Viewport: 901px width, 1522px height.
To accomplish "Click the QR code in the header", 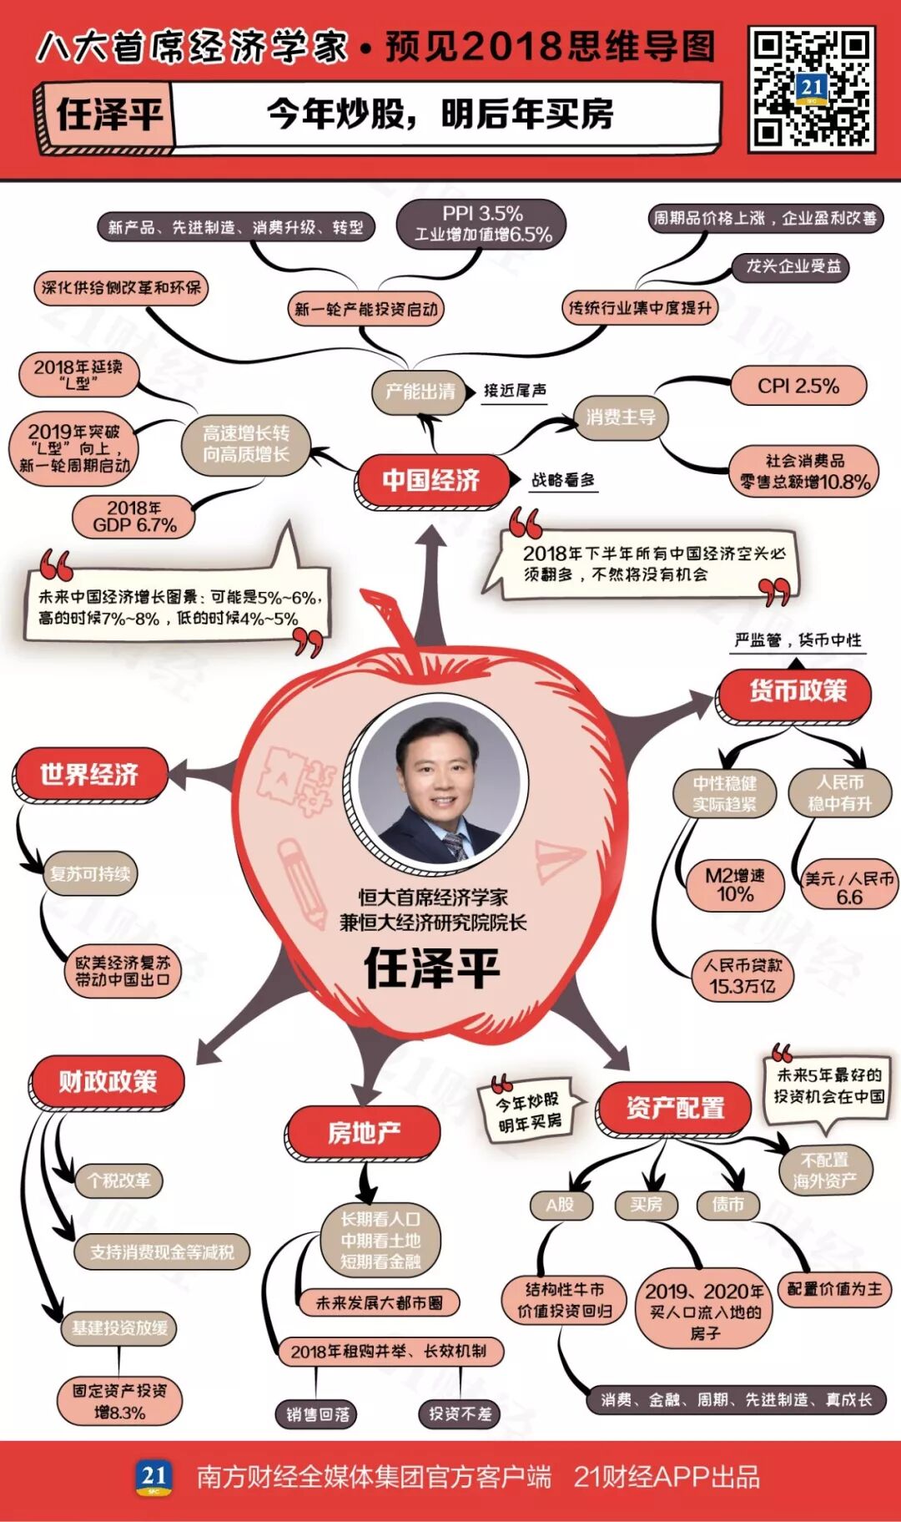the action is click(811, 89).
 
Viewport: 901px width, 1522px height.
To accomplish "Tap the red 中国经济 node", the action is click(431, 480).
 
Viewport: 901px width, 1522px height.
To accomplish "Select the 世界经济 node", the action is click(89, 774).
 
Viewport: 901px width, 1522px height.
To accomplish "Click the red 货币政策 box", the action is click(797, 691).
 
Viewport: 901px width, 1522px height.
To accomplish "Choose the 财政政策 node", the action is click(107, 1082).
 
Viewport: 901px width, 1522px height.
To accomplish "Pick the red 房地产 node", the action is click(363, 1132).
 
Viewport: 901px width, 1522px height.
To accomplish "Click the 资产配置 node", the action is click(674, 1108).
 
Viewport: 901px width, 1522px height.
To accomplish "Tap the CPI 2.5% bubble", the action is click(798, 387).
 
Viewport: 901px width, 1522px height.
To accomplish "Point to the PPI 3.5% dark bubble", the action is click(483, 224).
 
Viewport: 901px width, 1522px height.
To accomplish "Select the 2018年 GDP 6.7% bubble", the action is click(134, 517).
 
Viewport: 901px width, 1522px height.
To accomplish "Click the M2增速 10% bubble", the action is click(734, 885).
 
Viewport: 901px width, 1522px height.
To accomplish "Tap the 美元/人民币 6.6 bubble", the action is click(848, 887).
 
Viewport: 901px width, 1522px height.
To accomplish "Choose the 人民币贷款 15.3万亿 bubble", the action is click(742, 975).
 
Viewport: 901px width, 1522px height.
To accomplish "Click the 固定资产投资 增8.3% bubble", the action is click(120, 1400).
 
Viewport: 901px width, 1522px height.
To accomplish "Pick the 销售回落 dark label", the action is click(318, 1413).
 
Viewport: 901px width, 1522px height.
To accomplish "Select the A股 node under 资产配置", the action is click(560, 1205).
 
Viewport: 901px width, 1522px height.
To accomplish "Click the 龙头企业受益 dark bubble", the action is click(793, 266).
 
